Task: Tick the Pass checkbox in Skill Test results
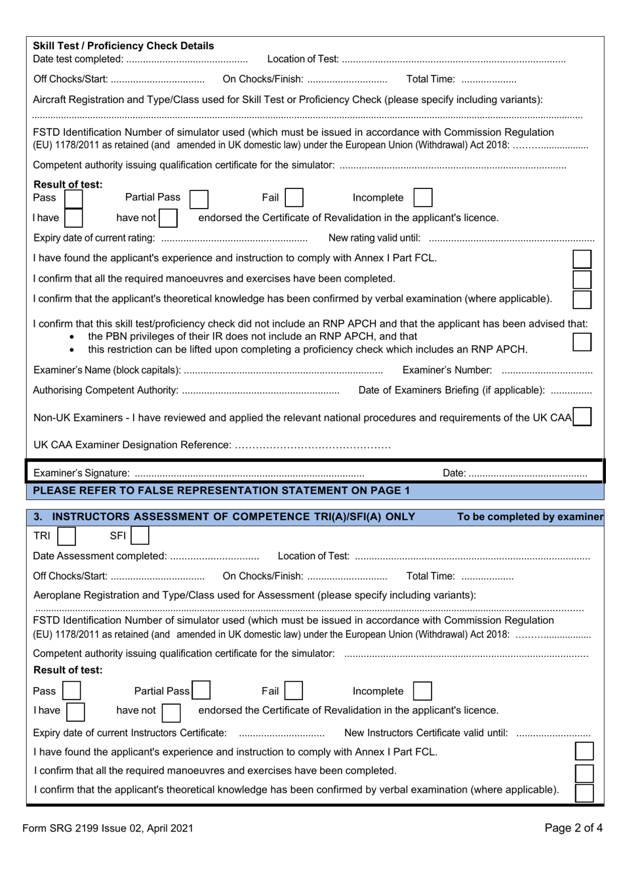[x=73, y=198]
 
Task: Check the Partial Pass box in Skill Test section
[x=198, y=198]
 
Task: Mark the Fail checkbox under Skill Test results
[x=294, y=198]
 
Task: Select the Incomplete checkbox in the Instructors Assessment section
[x=422, y=691]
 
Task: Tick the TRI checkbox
[x=66, y=536]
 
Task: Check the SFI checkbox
[x=140, y=536]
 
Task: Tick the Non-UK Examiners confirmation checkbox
[x=582, y=417]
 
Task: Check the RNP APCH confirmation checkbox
[x=582, y=341]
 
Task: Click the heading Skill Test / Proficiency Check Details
[x=123, y=46]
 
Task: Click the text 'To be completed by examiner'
[x=530, y=517]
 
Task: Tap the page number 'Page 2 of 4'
[x=573, y=828]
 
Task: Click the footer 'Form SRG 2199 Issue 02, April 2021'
[x=108, y=828]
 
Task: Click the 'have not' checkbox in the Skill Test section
[x=168, y=218]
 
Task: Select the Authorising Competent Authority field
[x=260, y=391]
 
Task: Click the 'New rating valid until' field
[x=512, y=238]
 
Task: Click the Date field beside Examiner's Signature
[x=528, y=474]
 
